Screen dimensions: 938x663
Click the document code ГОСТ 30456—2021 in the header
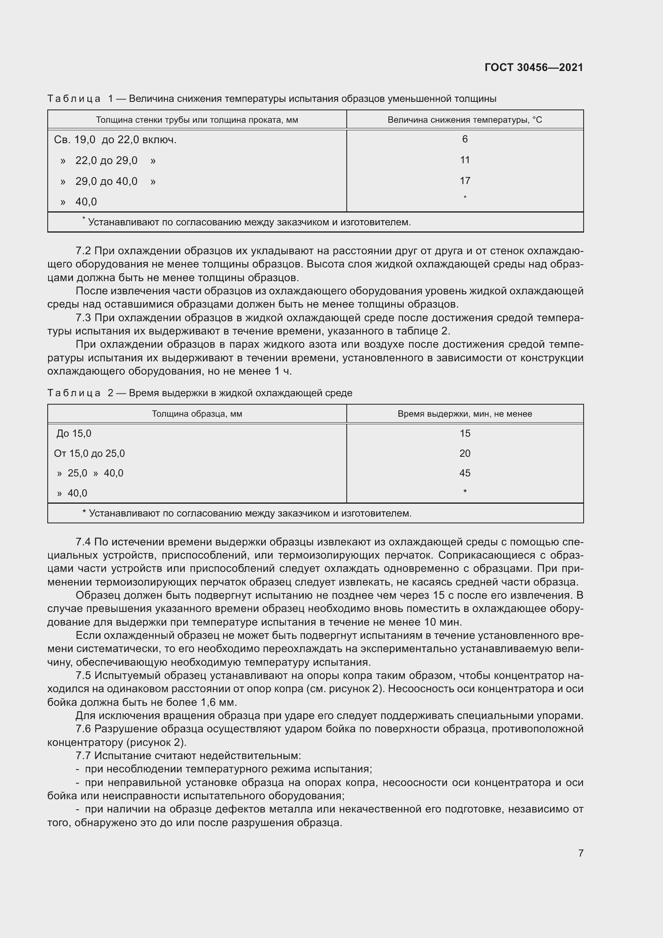pos(534,67)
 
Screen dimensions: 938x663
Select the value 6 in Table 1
pos(465,139)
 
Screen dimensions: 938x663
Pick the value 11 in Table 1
pos(465,160)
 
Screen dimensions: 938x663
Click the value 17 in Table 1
pos(465,180)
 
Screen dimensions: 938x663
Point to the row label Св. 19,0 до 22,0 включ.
pos(115,140)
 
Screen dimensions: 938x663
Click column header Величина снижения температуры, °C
pos(465,120)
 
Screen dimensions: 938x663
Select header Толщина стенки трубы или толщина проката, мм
pos(197,120)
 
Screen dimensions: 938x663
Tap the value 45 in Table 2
pos(465,473)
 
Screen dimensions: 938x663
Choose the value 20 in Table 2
pos(465,454)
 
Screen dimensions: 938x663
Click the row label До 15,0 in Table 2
pos(74,434)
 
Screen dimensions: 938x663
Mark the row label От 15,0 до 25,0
pos(89,454)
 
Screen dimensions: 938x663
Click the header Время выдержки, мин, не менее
pos(465,414)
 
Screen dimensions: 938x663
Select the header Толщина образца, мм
pos(197,414)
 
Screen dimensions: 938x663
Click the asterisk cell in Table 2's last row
pos(465,492)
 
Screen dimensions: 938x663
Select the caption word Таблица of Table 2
pos(74,393)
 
